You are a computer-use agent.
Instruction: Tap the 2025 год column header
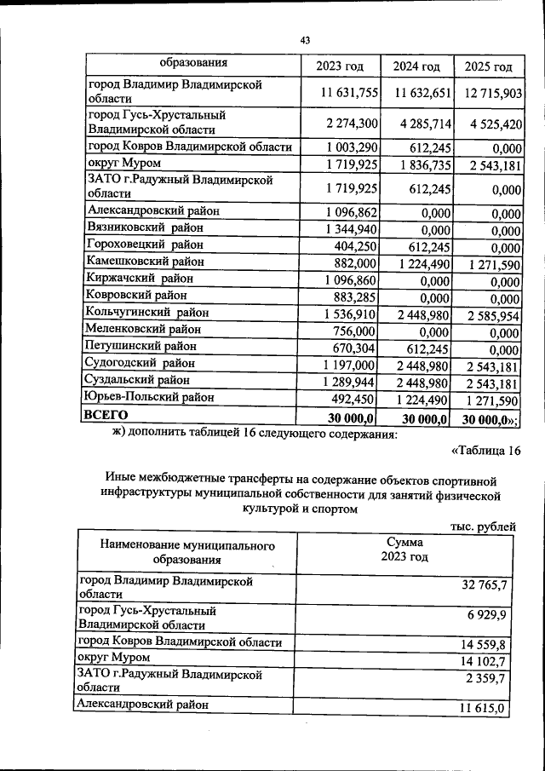pos(489,67)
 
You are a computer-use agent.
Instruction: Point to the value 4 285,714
pos(419,124)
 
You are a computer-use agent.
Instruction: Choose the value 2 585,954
pos(492,314)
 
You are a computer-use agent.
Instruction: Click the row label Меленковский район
pos(144,330)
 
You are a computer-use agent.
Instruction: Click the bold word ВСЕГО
pos(106,415)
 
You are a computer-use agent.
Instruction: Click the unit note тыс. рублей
pos(484,527)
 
